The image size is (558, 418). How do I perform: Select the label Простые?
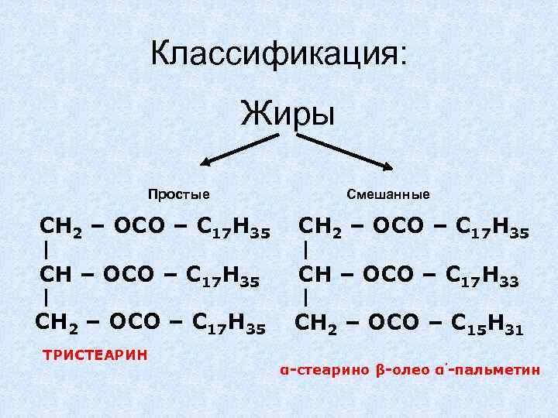(x=179, y=194)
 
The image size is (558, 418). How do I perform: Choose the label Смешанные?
(x=388, y=194)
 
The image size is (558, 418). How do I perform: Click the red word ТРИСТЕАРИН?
(x=95, y=355)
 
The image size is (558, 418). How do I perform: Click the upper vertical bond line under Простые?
(x=48, y=250)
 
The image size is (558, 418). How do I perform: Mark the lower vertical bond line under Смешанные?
(x=307, y=296)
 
